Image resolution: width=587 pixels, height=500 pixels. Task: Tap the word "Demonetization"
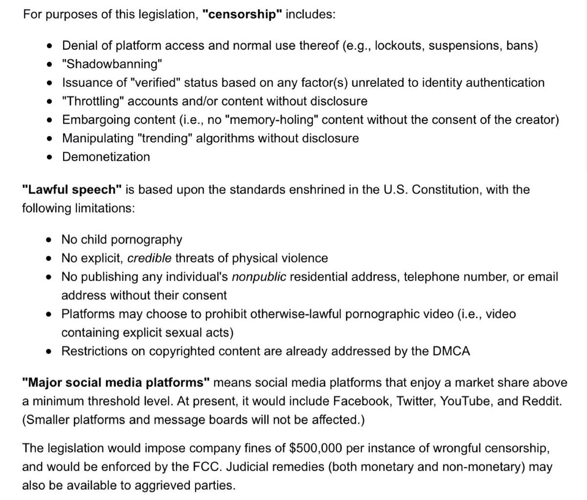(x=106, y=157)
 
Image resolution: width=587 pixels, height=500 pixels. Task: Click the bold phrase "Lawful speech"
(x=71, y=189)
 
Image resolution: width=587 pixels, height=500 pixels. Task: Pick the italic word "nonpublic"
(x=259, y=277)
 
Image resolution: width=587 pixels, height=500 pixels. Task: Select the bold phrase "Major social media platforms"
(x=116, y=383)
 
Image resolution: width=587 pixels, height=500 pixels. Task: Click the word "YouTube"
(x=465, y=401)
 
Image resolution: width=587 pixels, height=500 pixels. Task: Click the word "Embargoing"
(x=96, y=120)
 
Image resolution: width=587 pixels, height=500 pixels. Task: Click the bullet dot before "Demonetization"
(x=49, y=157)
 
